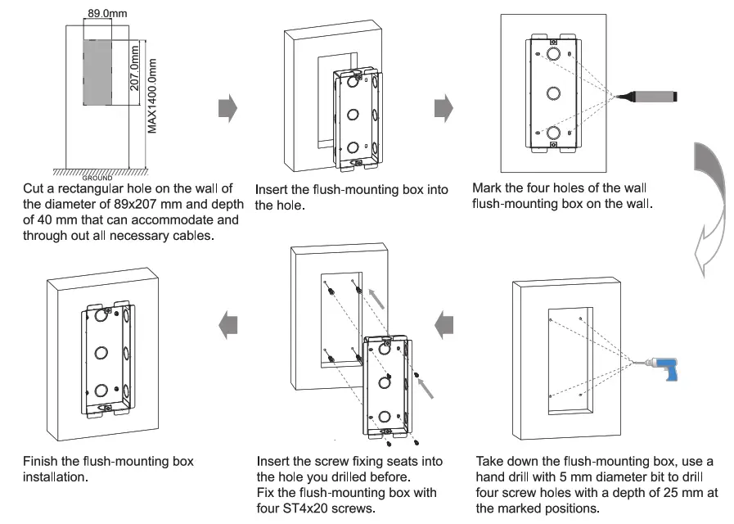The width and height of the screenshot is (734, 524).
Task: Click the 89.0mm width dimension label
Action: click(103, 13)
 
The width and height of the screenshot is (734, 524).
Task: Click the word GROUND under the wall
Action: click(97, 177)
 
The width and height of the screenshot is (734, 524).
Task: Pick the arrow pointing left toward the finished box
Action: click(227, 326)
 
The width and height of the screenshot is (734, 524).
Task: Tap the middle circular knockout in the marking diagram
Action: click(554, 93)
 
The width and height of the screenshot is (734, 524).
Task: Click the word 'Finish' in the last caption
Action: click(42, 461)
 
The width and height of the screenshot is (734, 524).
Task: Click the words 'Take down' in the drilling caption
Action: click(506, 462)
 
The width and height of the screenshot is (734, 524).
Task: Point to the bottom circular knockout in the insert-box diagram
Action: click(352, 148)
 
